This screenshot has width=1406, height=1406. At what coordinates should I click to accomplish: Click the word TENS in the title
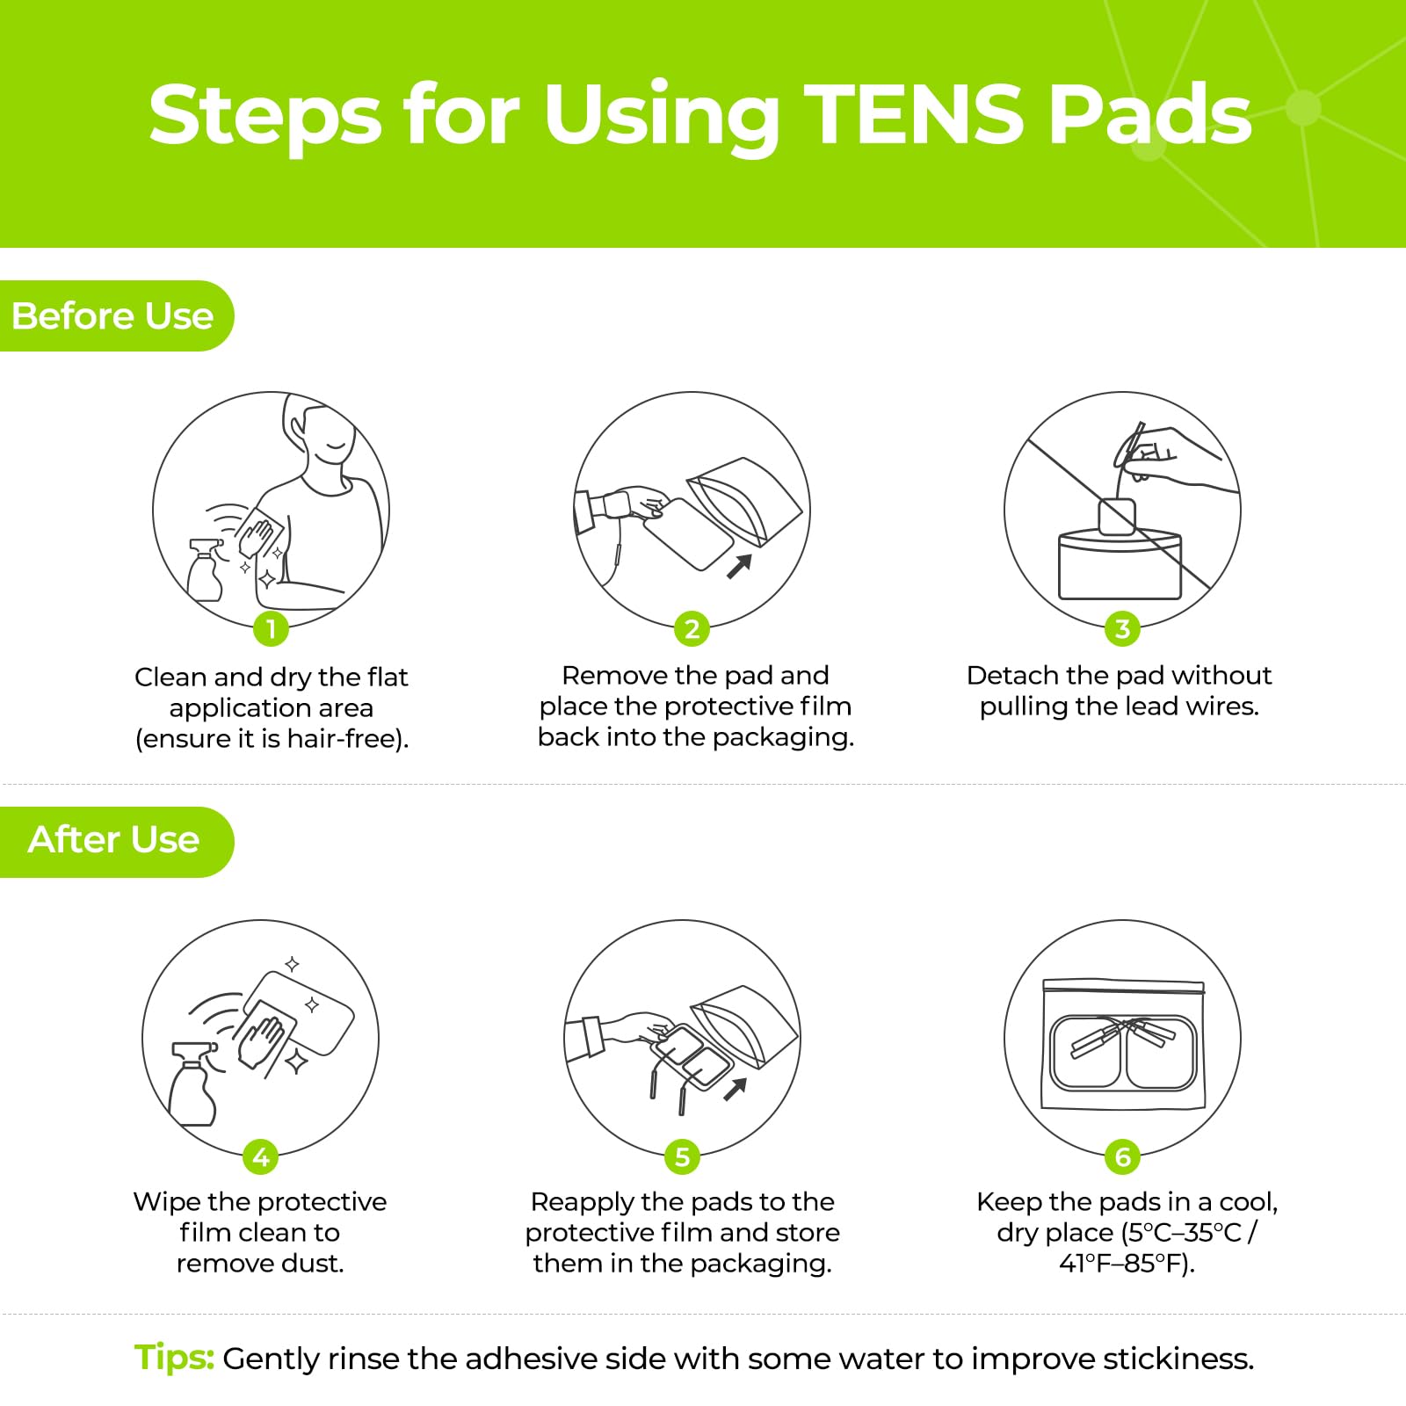pyautogui.click(x=914, y=114)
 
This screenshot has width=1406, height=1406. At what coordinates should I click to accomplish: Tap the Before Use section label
pyautogui.click(x=112, y=315)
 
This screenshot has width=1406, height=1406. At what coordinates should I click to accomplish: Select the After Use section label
pyautogui.click(x=113, y=839)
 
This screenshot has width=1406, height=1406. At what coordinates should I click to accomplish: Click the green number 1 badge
pyautogui.click(x=271, y=628)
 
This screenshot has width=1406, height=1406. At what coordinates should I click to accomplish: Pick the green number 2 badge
pyautogui.click(x=692, y=628)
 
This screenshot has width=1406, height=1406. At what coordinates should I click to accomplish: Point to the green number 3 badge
pyautogui.click(x=1122, y=628)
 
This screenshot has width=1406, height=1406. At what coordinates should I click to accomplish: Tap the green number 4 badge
pyautogui.click(x=260, y=1156)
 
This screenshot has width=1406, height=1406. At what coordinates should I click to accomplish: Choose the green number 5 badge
pyautogui.click(x=682, y=1156)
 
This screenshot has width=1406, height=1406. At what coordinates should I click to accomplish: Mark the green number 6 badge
pyautogui.click(x=1122, y=1156)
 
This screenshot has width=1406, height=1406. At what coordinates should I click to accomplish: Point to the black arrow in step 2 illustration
pyautogui.click(x=739, y=566)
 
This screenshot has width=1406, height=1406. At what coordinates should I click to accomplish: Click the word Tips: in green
pyautogui.click(x=174, y=1358)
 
